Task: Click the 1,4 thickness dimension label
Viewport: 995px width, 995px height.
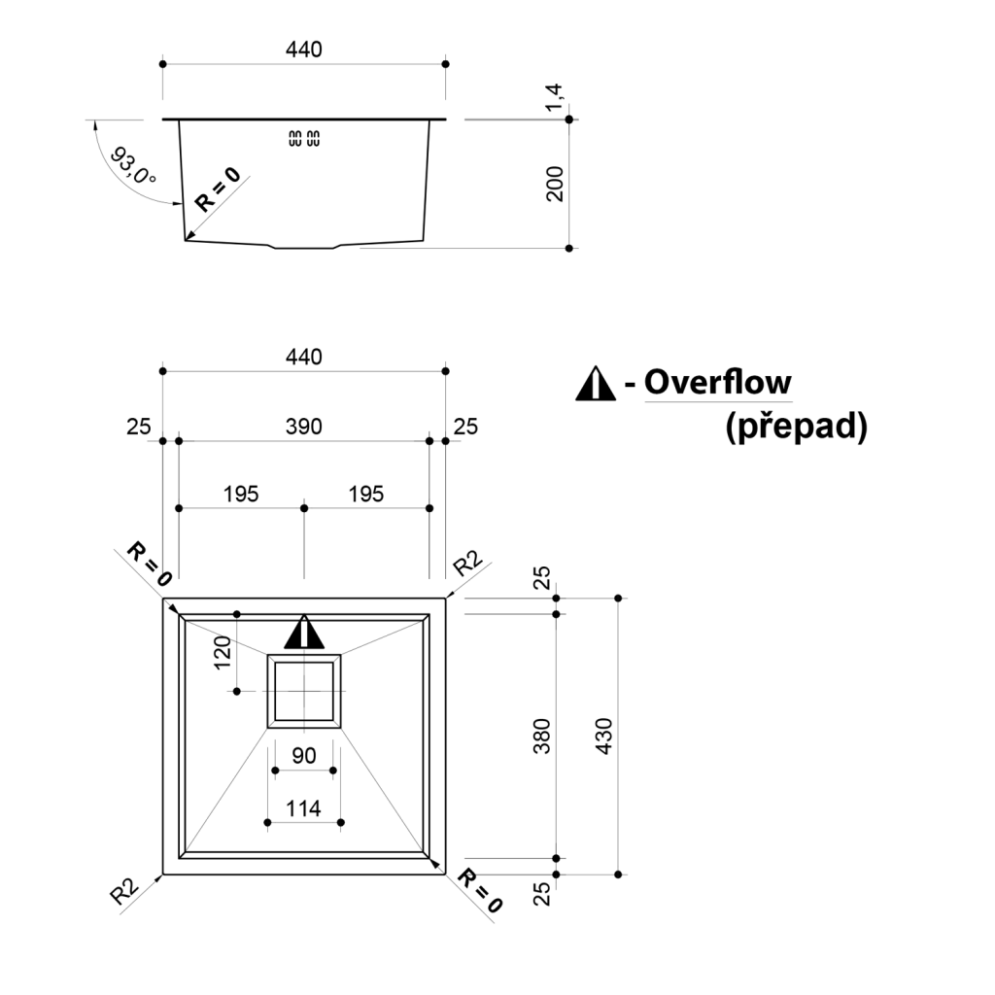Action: coord(554,97)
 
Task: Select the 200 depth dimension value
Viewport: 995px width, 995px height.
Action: coord(555,183)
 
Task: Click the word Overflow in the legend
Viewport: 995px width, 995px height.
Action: coord(718,382)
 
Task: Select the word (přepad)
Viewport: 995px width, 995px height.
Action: coord(796,427)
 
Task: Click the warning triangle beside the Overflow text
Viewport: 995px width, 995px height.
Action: coord(596,386)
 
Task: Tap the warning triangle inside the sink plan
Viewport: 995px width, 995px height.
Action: coord(304,633)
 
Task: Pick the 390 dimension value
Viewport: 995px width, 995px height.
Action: coord(304,426)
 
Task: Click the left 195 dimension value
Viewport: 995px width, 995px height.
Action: coord(241,494)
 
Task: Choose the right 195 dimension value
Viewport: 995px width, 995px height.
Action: coord(365,494)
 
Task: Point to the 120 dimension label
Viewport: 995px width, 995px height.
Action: coord(223,653)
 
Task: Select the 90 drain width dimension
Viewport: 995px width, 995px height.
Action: coord(304,755)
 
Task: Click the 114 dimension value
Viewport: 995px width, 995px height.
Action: coord(304,807)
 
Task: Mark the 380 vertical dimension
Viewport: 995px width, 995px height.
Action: coord(542,736)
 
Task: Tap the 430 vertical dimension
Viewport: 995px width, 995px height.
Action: coord(603,737)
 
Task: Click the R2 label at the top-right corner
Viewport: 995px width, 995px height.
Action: coord(467,563)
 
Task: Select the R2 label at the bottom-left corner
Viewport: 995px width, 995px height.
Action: coord(124,892)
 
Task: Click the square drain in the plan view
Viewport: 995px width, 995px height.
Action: coord(304,691)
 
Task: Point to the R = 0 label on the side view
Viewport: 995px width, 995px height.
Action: coord(217,189)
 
